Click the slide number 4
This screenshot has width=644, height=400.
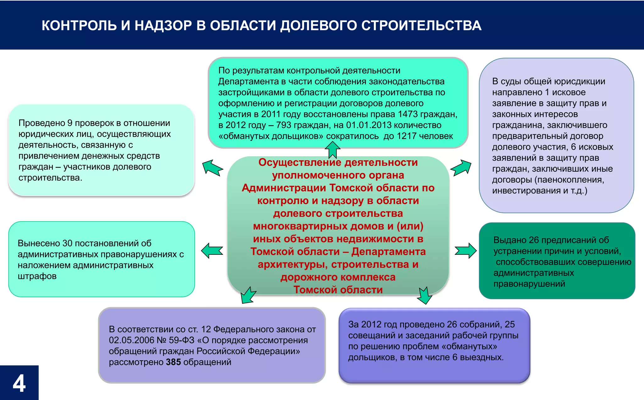tap(19, 383)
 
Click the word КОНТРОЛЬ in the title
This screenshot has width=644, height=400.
tap(79, 26)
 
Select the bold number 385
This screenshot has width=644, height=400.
tap(173, 362)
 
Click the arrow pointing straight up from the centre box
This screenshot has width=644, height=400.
tap(332, 149)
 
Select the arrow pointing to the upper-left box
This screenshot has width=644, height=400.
tap(212, 167)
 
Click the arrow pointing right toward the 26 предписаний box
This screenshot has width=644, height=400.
tap(466, 251)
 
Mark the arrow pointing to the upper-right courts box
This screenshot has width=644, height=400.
tap(461, 167)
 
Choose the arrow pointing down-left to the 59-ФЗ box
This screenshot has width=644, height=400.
tap(248, 295)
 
